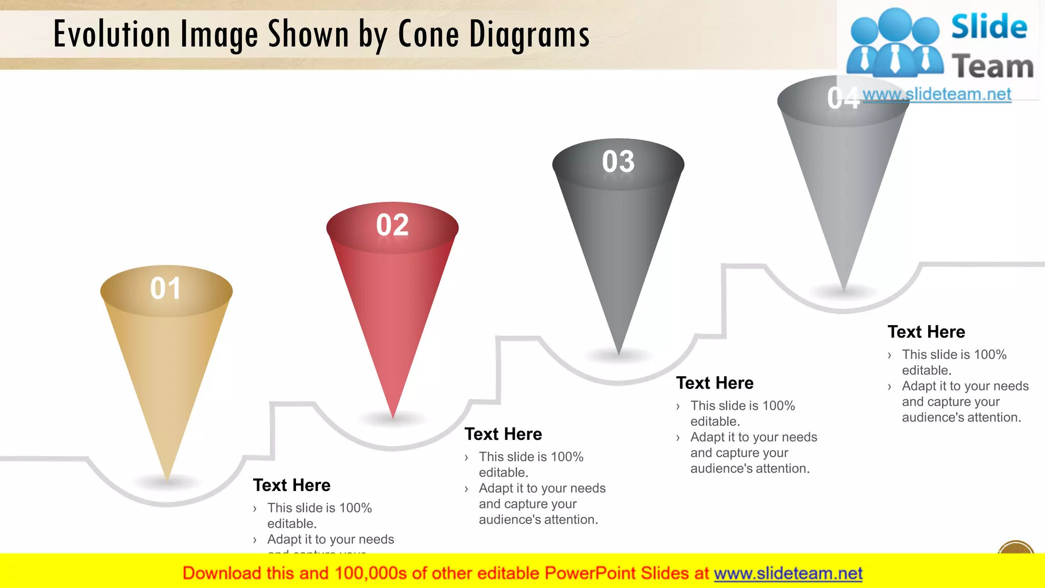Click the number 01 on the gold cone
tap(165, 288)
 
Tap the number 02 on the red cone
tap(392, 225)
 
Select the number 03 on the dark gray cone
tap(618, 162)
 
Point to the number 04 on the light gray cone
tap(843, 98)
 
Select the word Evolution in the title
tap(112, 35)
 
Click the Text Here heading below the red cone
tap(503, 434)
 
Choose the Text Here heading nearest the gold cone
tap(291, 485)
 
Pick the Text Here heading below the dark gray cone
tap(714, 383)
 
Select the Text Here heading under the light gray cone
tap(926, 332)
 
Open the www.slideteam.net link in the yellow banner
tap(788, 573)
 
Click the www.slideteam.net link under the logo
tap(937, 94)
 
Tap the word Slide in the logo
tap(989, 27)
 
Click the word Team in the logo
tap(992, 67)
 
